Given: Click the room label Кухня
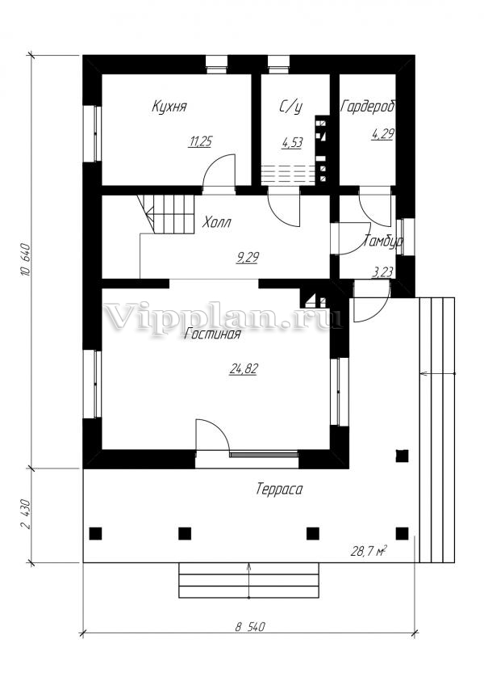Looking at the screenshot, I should tap(170, 106).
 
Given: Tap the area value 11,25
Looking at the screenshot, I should tap(200, 142).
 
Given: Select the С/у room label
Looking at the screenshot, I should tap(290, 106).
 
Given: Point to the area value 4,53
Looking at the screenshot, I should tap(291, 143).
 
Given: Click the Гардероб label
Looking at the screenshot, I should tap(367, 106).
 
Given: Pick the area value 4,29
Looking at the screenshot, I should tap(382, 134).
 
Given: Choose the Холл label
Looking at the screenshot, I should tap(217, 222).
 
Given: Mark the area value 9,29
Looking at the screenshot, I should tap(247, 258).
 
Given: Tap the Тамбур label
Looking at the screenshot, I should tap(383, 242).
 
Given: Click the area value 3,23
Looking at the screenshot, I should tap(382, 272).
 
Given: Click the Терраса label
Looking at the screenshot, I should tap(279, 489).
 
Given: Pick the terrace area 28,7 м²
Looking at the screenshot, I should tap(367, 551).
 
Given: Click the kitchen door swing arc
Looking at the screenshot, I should tap(216, 170).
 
